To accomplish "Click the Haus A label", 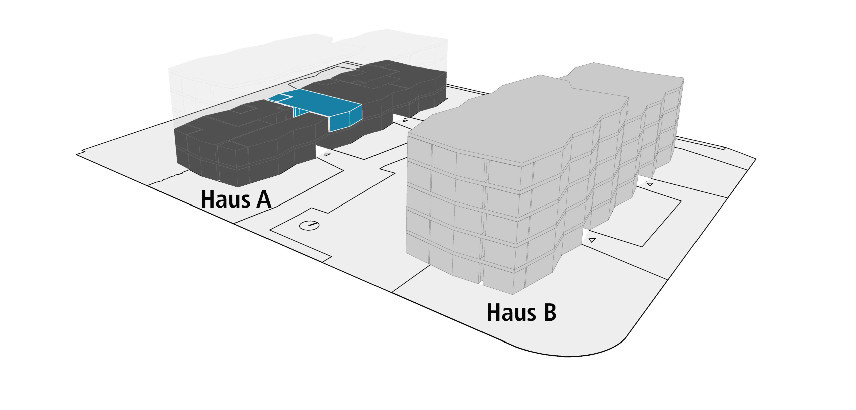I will pos(236,199).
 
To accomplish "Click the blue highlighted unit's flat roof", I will pos(321,102).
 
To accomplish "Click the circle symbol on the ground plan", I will pos(309,225).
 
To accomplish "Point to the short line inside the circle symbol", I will pos(312,225).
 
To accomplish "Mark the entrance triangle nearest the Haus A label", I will pos(327,154).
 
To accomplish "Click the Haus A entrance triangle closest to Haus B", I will pos(405,120).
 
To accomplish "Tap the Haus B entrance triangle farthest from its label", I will pos(650,184).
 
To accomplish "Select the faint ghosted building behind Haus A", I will pos(267,63).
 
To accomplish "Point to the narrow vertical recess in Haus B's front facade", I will pos(484,221).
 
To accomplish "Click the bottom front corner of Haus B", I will pos(513,294).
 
